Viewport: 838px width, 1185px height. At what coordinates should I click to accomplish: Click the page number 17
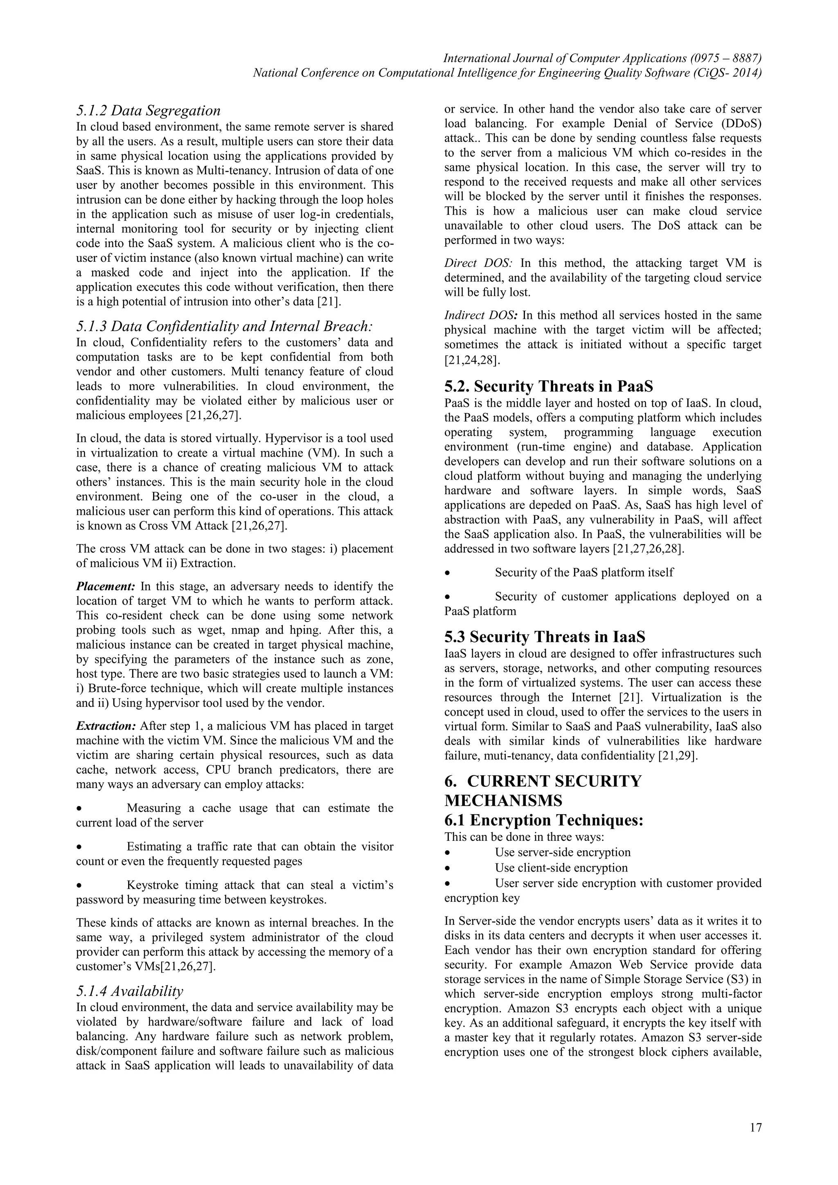pos(755,1128)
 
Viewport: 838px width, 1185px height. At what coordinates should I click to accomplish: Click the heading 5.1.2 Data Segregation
pos(148,110)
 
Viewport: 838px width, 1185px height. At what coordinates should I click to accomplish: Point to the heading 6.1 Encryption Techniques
pos(543,820)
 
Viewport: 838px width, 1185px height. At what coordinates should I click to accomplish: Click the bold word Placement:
pos(105,586)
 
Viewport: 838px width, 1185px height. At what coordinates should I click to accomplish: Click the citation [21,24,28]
pos(472,359)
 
